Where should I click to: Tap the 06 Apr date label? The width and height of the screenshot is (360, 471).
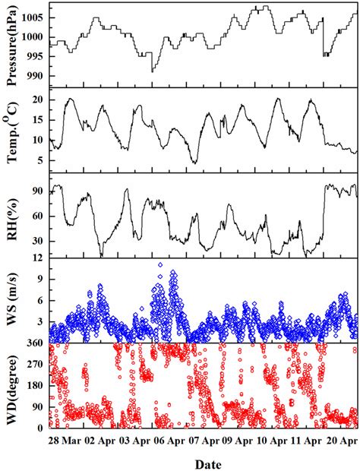tap(168, 440)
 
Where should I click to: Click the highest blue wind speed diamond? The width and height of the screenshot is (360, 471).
tap(159, 265)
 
